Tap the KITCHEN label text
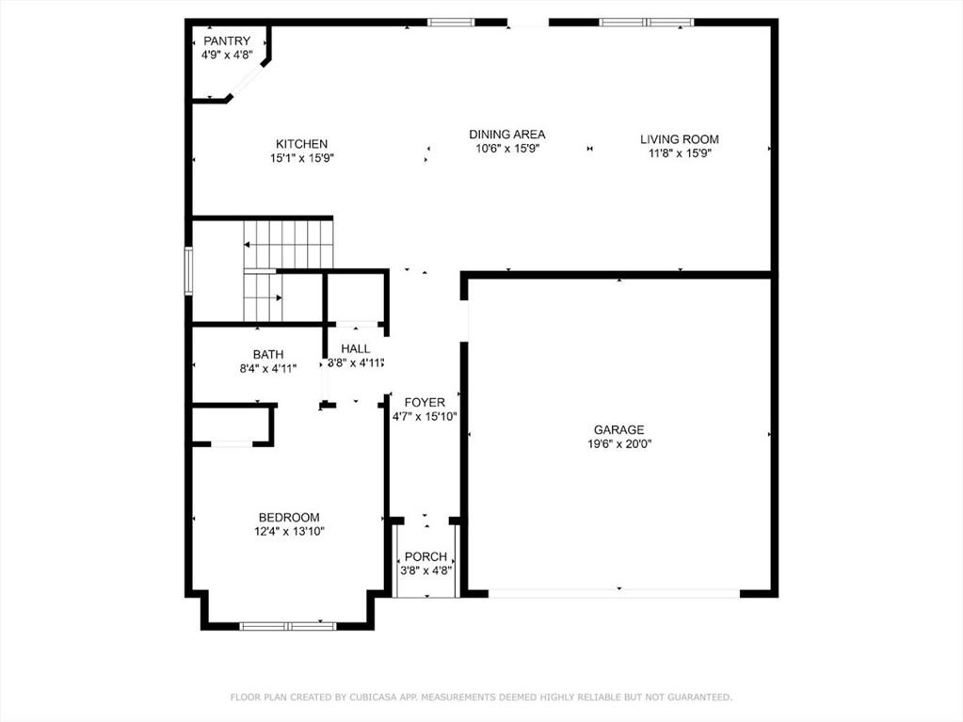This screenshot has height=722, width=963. click(301, 144)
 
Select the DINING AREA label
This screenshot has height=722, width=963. click(507, 135)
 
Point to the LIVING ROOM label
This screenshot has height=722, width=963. click(680, 139)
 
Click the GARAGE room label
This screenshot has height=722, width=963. click(619, 430)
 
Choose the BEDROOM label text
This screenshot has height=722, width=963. click(289, 518)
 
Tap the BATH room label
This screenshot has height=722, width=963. click(268, 355)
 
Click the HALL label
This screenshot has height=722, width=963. click(356, 349)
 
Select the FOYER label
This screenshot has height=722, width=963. click(425, 403)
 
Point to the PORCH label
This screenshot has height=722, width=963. click(425, 557)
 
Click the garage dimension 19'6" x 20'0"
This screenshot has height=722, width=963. click(619, 444)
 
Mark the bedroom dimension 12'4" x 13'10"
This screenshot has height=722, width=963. click(289, 532)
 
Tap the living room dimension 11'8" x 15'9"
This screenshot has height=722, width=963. click(680, 153)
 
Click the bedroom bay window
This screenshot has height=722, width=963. click(287, 626)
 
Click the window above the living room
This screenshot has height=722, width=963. click(647, 23)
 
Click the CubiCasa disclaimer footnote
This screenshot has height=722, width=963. click(481, 697)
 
